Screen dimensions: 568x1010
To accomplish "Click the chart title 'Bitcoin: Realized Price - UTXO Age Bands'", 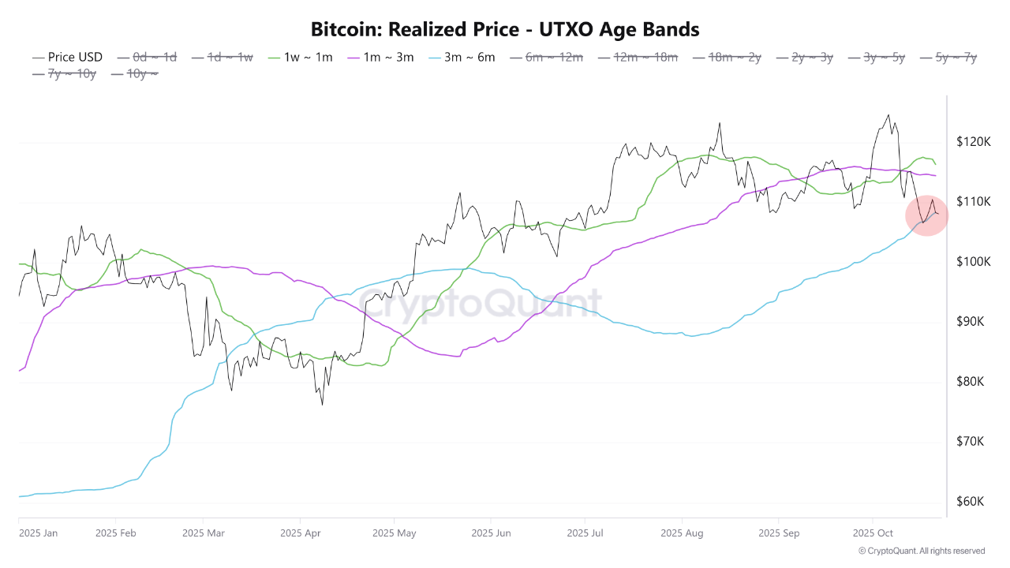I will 505,30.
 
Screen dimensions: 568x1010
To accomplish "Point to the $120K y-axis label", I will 973,142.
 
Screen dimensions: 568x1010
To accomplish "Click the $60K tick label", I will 971,502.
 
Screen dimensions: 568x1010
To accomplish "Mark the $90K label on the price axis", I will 971,322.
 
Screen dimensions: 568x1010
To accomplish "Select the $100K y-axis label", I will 973,262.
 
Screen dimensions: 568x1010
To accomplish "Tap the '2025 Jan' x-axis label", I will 38,533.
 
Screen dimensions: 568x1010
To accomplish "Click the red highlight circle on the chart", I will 927,216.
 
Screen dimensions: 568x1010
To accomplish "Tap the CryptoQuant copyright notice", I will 921,551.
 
